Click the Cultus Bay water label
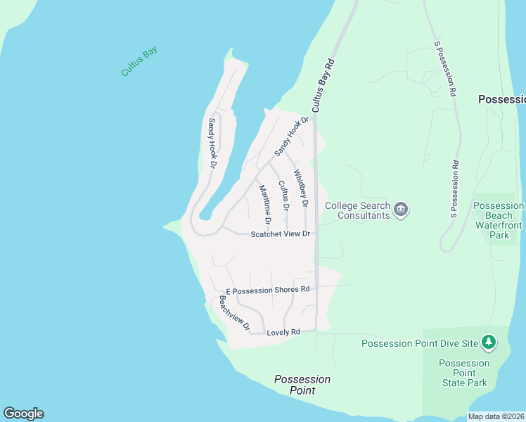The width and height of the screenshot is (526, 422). tap(139, 61)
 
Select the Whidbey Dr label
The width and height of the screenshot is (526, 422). tap(300, 188)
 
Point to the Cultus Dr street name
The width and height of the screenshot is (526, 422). tap(283, 196)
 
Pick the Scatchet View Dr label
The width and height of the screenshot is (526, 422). tap(281, 234)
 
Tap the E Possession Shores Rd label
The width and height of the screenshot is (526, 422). tap(267, 290)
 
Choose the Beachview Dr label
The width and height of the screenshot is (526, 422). tap(234, 313)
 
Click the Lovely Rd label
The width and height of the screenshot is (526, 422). tap(283, 332)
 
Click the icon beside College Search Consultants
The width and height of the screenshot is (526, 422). tap(402, 209)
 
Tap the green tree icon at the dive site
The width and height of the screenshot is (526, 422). tap(489, 343)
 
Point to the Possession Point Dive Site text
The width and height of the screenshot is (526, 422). tap(420, 343)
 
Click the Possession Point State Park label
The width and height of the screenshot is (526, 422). tap(463, 373)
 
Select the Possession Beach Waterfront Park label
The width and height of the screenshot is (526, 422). tap(499, 220)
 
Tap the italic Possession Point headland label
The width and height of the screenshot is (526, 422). tap(302, 384)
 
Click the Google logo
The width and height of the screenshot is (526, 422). tap(23, 414)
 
